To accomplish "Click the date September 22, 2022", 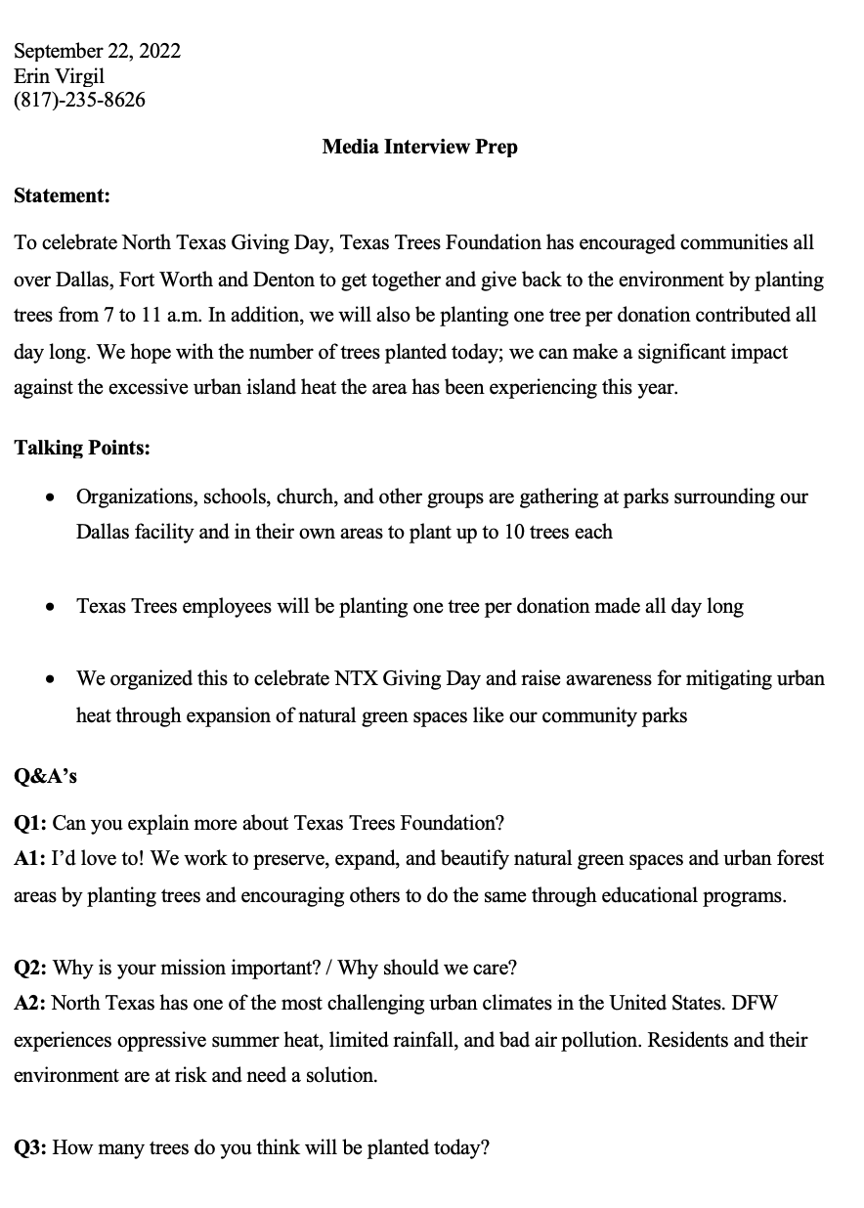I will (x=97, y=52).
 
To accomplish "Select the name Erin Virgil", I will (x=59, y=76).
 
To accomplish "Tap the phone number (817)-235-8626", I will (x=79, y=100).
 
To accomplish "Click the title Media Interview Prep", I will (x=419, y=147).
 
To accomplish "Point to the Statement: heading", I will (x=62, y=195).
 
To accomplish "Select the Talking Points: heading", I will (x=82, y=448).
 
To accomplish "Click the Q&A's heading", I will (x=45, y=777).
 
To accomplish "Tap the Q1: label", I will (x=30, y=823).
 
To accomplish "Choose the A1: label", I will (x=29, y=859).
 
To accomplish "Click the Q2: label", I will (x=30, y=968).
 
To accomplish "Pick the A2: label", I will (x=29, y=1004).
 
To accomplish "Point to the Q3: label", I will (x=30, y=1147).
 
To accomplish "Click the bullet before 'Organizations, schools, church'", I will (x=51, y=498).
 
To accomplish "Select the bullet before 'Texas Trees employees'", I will (x=51, y=608).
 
